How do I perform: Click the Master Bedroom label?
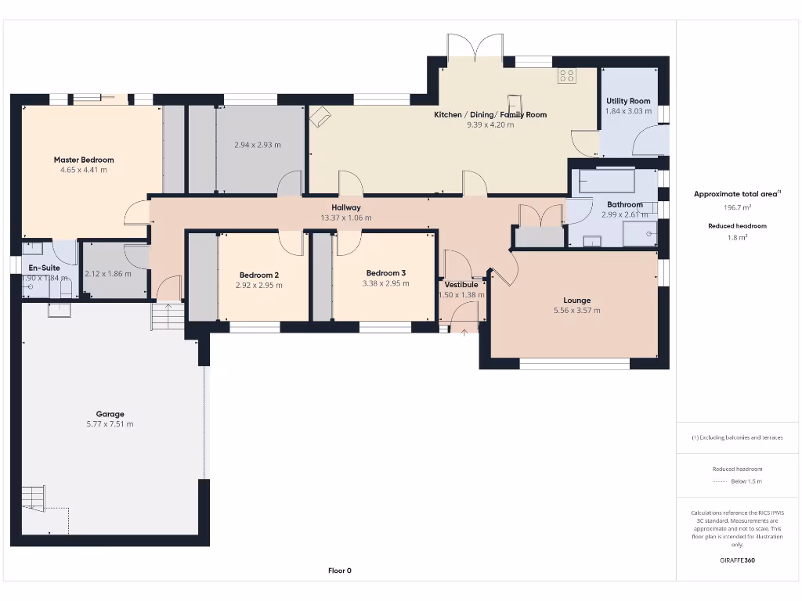[x=84, y=160]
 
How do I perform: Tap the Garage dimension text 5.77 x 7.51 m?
[x=110, y=424]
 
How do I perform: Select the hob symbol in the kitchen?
[x=567, y=76]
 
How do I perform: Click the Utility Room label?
[x=628, y=101]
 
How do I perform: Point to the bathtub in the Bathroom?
[x=607, y=182]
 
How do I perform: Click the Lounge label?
[x=576, y=300]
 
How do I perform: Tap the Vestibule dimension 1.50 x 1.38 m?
[x=461, y=295]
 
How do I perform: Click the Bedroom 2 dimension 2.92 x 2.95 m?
[x=258, y=285]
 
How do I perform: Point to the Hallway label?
[x=345, y=207]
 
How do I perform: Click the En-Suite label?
[x=44, y=268]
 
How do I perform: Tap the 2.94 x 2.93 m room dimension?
[x=257, y=145]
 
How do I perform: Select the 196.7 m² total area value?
[x=736, y=207]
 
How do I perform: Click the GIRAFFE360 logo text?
[x=736, y=560]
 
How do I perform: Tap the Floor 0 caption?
[x=339, y=570]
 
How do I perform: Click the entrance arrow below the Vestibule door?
[x=464, y=333]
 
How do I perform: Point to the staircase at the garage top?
[x=166, y=317]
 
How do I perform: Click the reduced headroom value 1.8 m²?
[x=736, y=237]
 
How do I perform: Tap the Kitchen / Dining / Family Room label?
[x=490, y=114]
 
